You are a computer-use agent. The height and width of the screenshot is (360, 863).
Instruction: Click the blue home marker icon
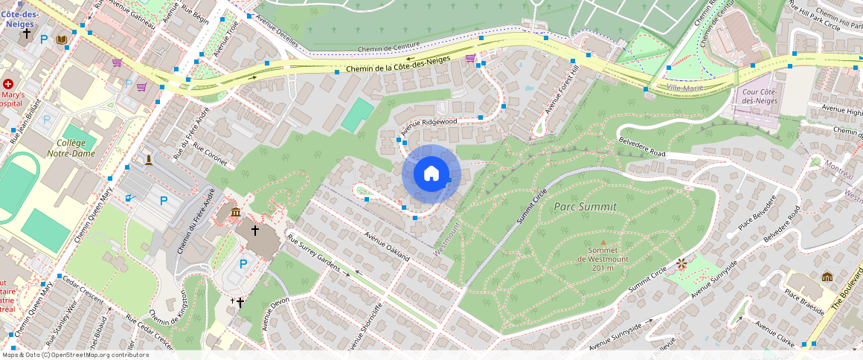tap(431, 174)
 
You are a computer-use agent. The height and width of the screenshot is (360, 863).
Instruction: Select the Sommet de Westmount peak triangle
tap(603, 242)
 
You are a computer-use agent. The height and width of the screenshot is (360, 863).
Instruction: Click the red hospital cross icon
tap(8, 85)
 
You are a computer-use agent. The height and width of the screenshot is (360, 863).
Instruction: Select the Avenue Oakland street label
tap(387, 245)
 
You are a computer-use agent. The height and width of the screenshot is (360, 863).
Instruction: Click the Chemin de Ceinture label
tap(385, 48)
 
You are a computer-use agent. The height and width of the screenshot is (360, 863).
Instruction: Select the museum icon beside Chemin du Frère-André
tap(236, 213)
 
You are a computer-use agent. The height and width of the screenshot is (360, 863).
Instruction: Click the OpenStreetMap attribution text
tap(74, 355)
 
